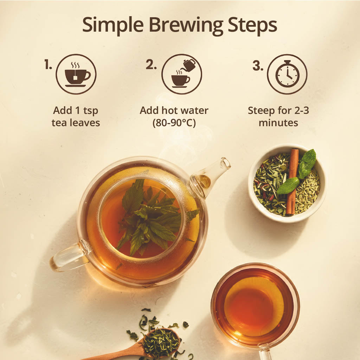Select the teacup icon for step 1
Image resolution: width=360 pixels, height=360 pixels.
[x=76, y=74]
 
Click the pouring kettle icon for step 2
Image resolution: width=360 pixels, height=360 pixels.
[x=181, y=74]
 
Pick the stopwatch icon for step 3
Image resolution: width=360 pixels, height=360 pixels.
[x=287, y=74]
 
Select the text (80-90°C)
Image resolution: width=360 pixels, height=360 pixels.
[x=174, y=123]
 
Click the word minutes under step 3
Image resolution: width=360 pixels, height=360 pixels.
[x=278, y=123]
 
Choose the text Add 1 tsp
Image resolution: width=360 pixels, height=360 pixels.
[x=76, y=110]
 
